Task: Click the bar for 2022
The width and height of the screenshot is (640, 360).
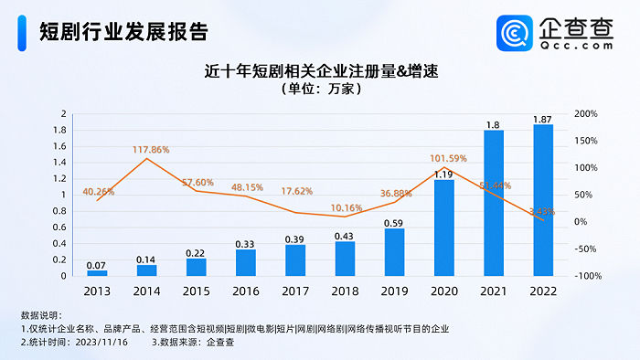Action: pyautogui.click(x=543, y=200)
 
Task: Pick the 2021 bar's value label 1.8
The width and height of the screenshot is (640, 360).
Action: pyautogui.click(x=494, y=124)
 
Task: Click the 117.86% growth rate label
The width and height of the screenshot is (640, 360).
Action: pyautogui.click(x=146, y=149)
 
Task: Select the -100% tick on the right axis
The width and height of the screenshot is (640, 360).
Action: pyautogui.click(x=585, y=276)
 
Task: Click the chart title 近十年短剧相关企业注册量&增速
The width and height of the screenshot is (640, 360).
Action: pyautogui.click(x=320, y=70)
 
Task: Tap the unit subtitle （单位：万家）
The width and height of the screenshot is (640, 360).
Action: pyautogui.click(x=320, y=90)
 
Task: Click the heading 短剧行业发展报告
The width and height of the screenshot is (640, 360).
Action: pyautogui.click(x=123, y=31)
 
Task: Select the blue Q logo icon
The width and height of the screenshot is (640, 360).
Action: pyautogui.click(x=516, y=33)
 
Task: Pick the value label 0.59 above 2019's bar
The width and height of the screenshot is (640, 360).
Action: pyautogui.click(x=395, y=222)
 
